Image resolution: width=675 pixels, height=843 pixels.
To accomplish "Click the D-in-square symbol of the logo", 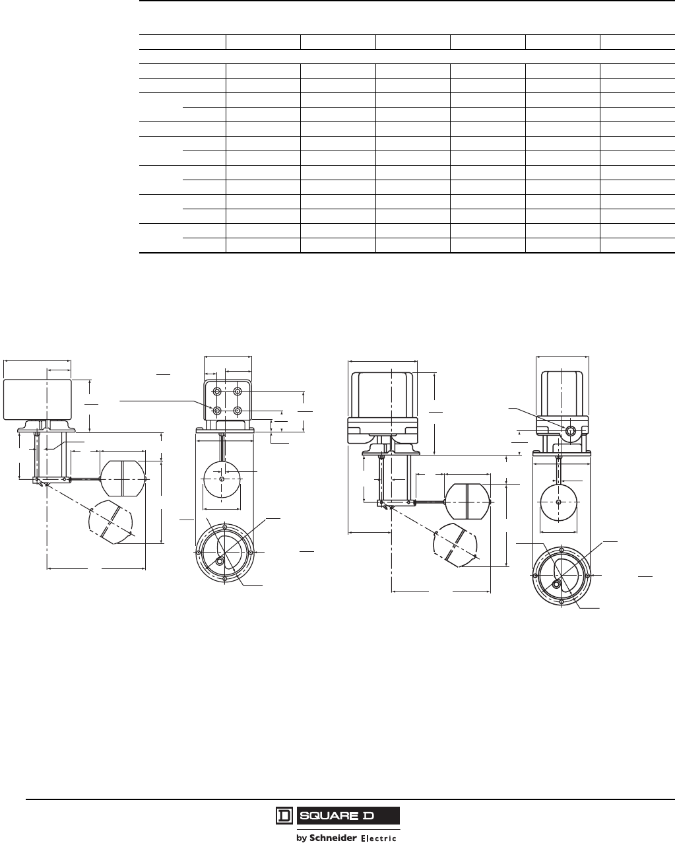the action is tap(284, 816).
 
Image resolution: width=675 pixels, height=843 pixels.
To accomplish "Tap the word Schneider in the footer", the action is tap(333, 838).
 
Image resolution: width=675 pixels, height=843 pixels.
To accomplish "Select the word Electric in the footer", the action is tap(379, 838).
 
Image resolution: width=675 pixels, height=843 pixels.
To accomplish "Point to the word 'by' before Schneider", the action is tap(302, 838).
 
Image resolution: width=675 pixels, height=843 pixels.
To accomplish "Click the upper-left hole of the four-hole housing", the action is tap(217, 391).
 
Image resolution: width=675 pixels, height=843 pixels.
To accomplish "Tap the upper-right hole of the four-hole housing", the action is tap(238, 391).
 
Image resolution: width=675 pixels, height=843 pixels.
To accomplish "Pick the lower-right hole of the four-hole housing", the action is tap(238, 411).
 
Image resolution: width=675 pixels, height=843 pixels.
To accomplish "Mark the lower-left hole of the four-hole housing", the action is tap(217, 411).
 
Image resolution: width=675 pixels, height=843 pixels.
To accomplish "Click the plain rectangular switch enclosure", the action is tap(38, 399).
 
